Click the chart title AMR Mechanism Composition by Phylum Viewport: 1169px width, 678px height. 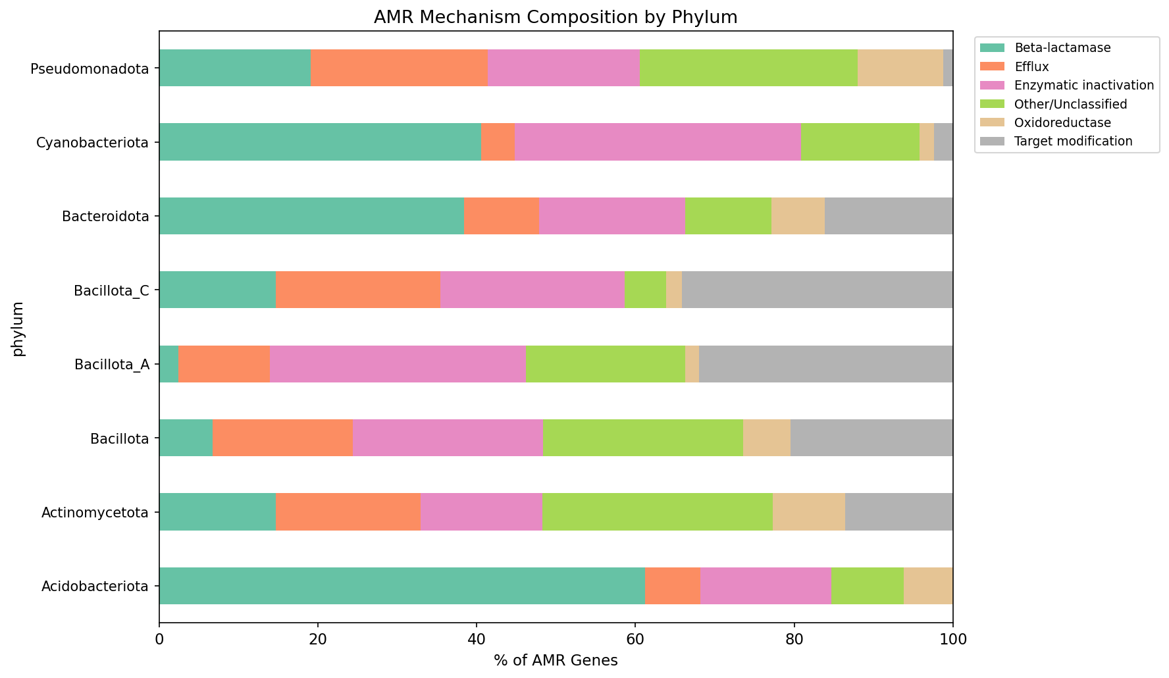tap(555, 17)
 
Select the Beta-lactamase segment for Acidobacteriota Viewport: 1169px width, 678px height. tap(402, 586)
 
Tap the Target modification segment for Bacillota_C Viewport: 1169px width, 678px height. tap(817, 290)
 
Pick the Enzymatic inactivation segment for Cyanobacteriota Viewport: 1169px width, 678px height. tap(658, 142)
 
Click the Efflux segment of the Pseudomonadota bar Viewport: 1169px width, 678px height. tap(399, 68)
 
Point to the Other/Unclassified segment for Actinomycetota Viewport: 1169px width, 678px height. tap(657, 511)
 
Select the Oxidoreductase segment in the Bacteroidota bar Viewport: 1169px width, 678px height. tap(798, 216)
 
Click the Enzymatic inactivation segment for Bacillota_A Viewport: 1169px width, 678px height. tap(398, 364)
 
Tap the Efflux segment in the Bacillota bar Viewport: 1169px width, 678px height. tap(282, 438)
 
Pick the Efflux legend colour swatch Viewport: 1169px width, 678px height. tap(993, 66)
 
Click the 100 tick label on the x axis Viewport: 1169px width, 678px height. tap(952, 639)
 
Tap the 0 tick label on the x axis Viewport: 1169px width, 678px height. tap(159, 639)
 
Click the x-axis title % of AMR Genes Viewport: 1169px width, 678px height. tap(556, 661)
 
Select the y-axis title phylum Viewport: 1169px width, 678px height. tap(18, 328)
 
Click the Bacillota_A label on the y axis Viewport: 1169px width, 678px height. tap(111, 364)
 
